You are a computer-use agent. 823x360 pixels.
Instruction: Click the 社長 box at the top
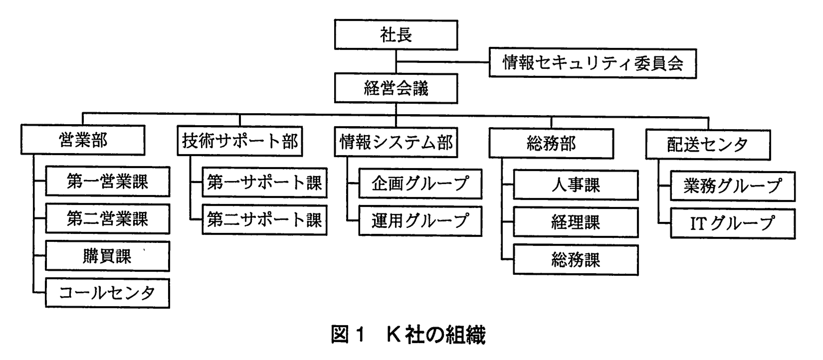(x=396, y=35)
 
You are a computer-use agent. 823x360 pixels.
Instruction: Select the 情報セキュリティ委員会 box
(x=592, y=63)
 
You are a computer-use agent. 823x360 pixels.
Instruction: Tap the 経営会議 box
(x=396, y=89)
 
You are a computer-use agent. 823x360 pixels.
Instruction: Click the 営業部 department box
(x=83, y=141)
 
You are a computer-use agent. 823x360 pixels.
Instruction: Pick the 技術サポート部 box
(x=239, y=142)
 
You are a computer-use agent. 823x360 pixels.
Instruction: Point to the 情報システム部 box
(x=396, y=143)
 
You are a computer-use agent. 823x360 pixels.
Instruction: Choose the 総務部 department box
(x=551, y=144)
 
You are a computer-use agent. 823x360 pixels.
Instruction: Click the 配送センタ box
(x=707, y=145)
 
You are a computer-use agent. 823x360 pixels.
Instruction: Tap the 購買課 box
(x=107, y=256)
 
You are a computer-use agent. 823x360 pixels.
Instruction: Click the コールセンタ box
(x=107, y=293)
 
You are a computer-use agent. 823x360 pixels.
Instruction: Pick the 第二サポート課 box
(x=264, y=220)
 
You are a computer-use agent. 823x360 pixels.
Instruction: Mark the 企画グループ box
(x=420, y=184)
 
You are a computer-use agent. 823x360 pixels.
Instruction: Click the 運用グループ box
(x=420, y=221)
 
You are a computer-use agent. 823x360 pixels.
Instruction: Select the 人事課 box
(x=575, y=185)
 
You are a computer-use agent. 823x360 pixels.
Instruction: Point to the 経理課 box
(x=575, y=222)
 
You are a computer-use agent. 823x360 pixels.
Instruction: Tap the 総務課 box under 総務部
(x=575, y=260)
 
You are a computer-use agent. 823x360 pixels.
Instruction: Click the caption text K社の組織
(x=436, y=335)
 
